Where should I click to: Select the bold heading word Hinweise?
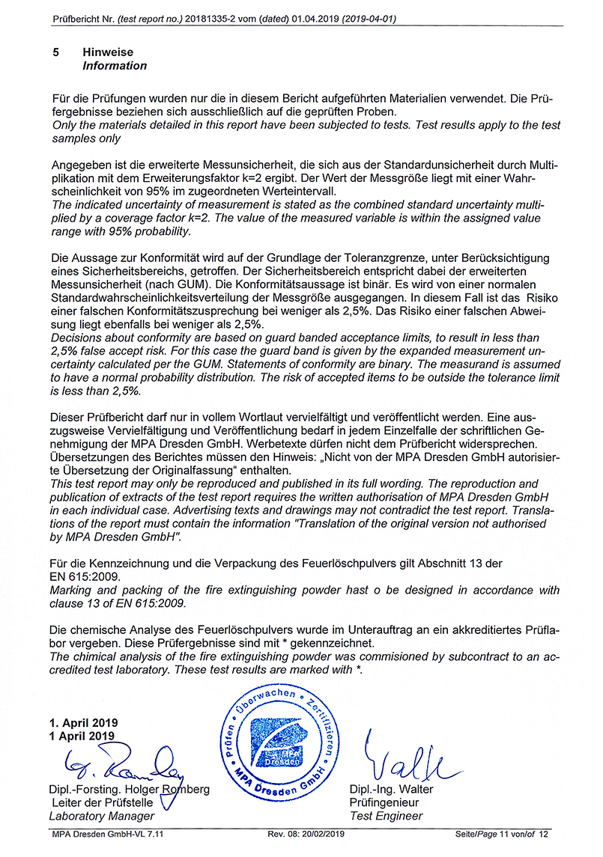[108, 52]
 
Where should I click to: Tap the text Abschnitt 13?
[435, 563]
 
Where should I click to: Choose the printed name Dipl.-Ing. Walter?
[391, 790]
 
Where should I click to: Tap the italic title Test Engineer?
[386, 816]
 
